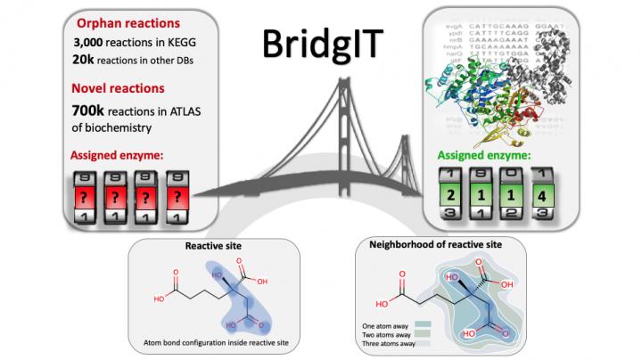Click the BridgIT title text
(321, 43)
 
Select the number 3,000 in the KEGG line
(92, 42)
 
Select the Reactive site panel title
(210, 244)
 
